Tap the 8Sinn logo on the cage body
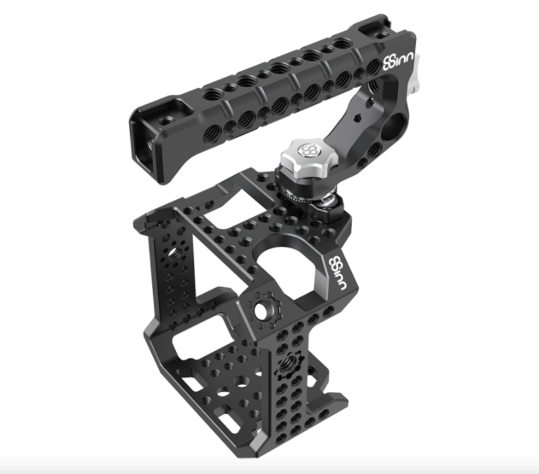point(336,271)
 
